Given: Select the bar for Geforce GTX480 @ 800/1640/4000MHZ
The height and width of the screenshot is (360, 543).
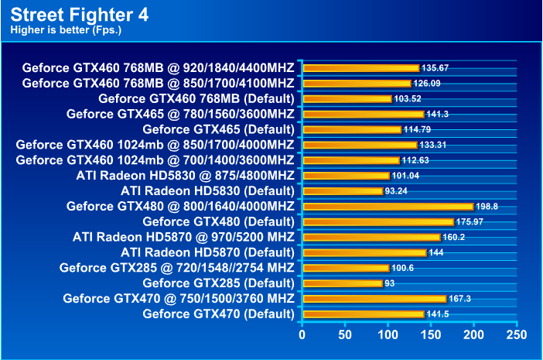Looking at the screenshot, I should pyautogui.click(x=388, y=206).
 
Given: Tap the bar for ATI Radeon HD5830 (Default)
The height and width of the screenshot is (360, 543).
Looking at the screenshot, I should pyautogui.click(x=343, y=190).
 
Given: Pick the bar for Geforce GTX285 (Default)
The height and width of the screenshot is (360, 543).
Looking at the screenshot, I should pyautogui.click(x=342, y=283).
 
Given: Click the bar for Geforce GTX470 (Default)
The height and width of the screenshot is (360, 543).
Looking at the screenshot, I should pyautogui.click(x=363, y=314).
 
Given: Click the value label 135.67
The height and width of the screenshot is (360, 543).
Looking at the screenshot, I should pyautogui.click(x=435, y=68).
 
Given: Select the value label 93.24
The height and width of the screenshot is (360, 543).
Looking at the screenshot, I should pyautogui.click(x=398, y=191).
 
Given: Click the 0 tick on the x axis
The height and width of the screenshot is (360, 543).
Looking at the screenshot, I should pyautogui.click(x=302, y=334).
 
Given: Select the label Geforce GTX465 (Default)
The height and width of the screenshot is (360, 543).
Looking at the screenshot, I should pyautogui.click(x=218, y=129).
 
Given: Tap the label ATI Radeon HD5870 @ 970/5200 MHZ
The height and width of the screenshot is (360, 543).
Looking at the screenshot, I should pyautogui.click(x=183, y=237).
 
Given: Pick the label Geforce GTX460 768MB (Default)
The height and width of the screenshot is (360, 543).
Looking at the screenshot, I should pyautogui.click(x=196, y=98).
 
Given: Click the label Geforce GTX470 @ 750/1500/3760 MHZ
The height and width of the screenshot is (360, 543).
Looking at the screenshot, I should pyautogui.click(x=179, y=298).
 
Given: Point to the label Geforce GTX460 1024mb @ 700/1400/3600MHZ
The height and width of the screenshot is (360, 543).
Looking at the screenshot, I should pyautogui.click(x=155, y=159).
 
